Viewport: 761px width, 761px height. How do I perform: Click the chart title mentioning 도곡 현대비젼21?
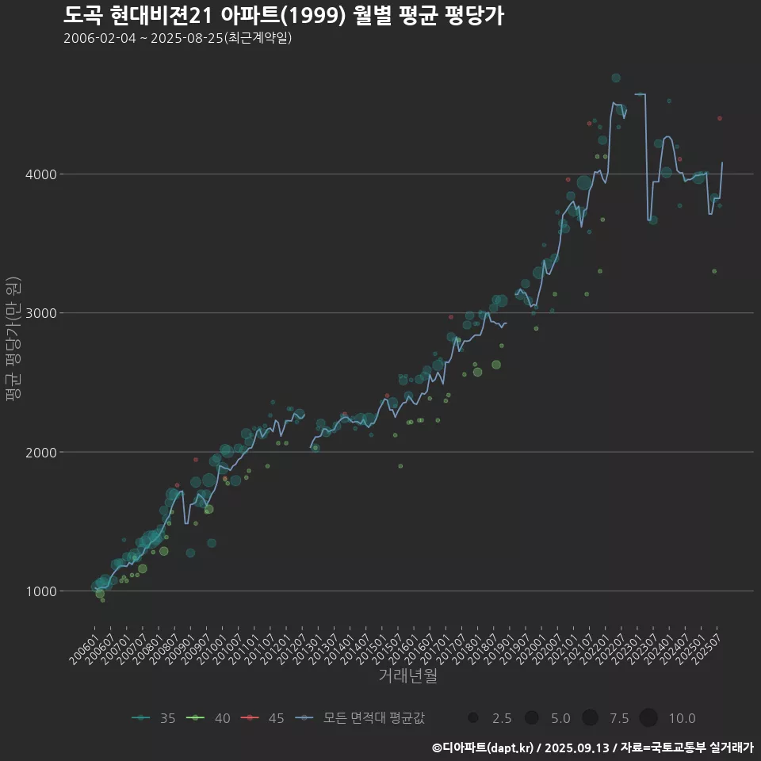click(x=283, y=16)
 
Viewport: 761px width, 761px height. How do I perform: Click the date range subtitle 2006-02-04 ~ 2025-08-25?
click(x=178, y=38)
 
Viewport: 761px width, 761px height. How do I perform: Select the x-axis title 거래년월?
click(x=407, y=675)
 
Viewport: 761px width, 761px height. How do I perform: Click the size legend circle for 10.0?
click(x=648, y=718)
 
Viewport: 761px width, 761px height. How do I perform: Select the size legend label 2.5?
click(x=501, y=718)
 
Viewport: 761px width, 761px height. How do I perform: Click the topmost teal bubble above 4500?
click(x=616, y=78)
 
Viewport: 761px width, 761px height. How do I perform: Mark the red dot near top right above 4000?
click(x=720, y=118)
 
